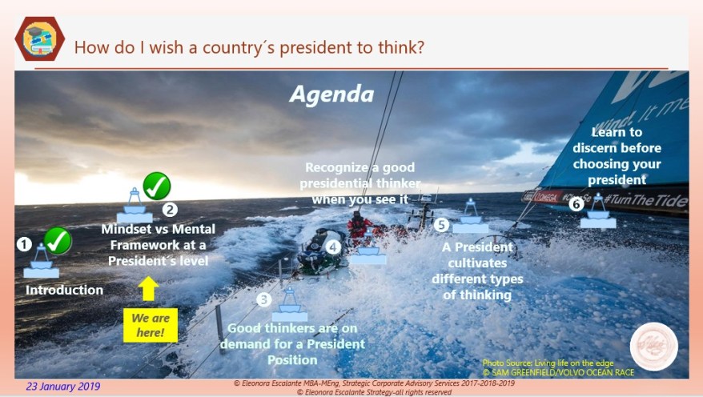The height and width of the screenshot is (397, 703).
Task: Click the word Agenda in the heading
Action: coord(331,94)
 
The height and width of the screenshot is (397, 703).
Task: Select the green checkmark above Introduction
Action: coord(58,239)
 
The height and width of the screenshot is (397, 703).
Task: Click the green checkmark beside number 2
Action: coord(156,186)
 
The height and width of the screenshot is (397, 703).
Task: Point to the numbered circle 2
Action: coord(170,211)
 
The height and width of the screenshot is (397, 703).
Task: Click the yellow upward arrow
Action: coord(149,288)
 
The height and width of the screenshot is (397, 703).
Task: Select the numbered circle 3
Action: coord(263,299)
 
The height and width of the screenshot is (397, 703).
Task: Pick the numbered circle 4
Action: coord(333,247)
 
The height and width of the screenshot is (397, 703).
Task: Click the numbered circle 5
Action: coord(441,225)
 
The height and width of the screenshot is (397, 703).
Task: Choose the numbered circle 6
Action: coord(576,204)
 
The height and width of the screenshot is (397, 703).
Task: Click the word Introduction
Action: coord(64,290)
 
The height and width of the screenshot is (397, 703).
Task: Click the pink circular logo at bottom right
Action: coord(653,347)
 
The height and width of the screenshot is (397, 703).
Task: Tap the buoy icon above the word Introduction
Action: coord(41,263)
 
